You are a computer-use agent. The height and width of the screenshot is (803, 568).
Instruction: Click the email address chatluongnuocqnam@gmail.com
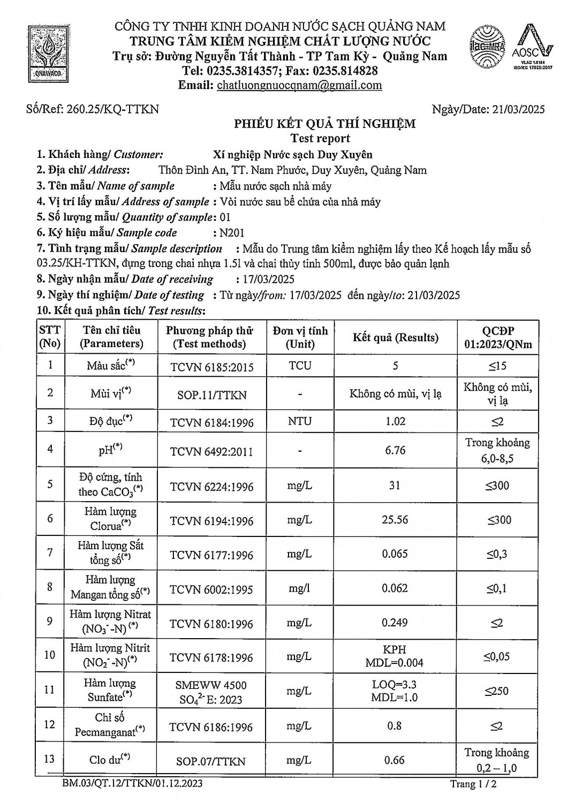tap(299, 85)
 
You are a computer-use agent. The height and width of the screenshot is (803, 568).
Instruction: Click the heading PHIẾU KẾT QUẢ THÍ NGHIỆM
tap(324, 124)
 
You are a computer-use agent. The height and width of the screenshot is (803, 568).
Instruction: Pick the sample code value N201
tap(232, 233)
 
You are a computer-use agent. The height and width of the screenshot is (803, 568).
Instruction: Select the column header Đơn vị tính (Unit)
tap(300, 337)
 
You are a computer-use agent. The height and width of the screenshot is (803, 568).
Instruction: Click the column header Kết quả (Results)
tap(395, 337)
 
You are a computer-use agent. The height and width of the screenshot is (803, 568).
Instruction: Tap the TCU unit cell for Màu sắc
tap(300, 366)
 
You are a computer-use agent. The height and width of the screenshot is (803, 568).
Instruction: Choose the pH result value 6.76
tap(395, 450)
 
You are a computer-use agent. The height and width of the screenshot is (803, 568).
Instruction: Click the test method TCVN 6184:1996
tap(211, 422)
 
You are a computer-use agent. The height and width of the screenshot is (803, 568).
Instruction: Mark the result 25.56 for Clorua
tap(395, 520)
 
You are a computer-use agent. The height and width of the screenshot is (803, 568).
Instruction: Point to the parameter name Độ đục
tap(111, 421)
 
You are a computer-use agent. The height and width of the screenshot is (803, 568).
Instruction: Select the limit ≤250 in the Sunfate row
tap(497, 691)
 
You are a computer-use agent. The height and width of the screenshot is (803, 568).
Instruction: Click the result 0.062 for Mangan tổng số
tap(395, 588)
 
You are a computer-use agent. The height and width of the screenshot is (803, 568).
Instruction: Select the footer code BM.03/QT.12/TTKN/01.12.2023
tap(132, 784)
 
